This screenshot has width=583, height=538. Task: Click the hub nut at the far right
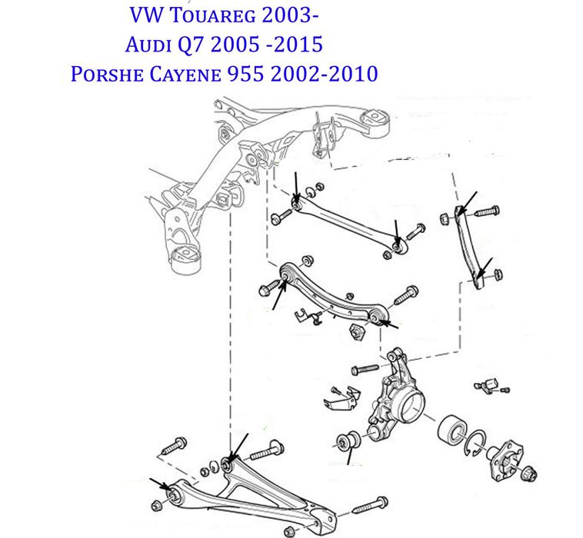coord(531,473)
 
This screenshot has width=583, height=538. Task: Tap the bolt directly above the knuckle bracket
coord(366,370)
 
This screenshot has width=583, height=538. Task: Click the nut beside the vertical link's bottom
coord(498,273)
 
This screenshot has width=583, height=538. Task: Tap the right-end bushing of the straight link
coord(398,245)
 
